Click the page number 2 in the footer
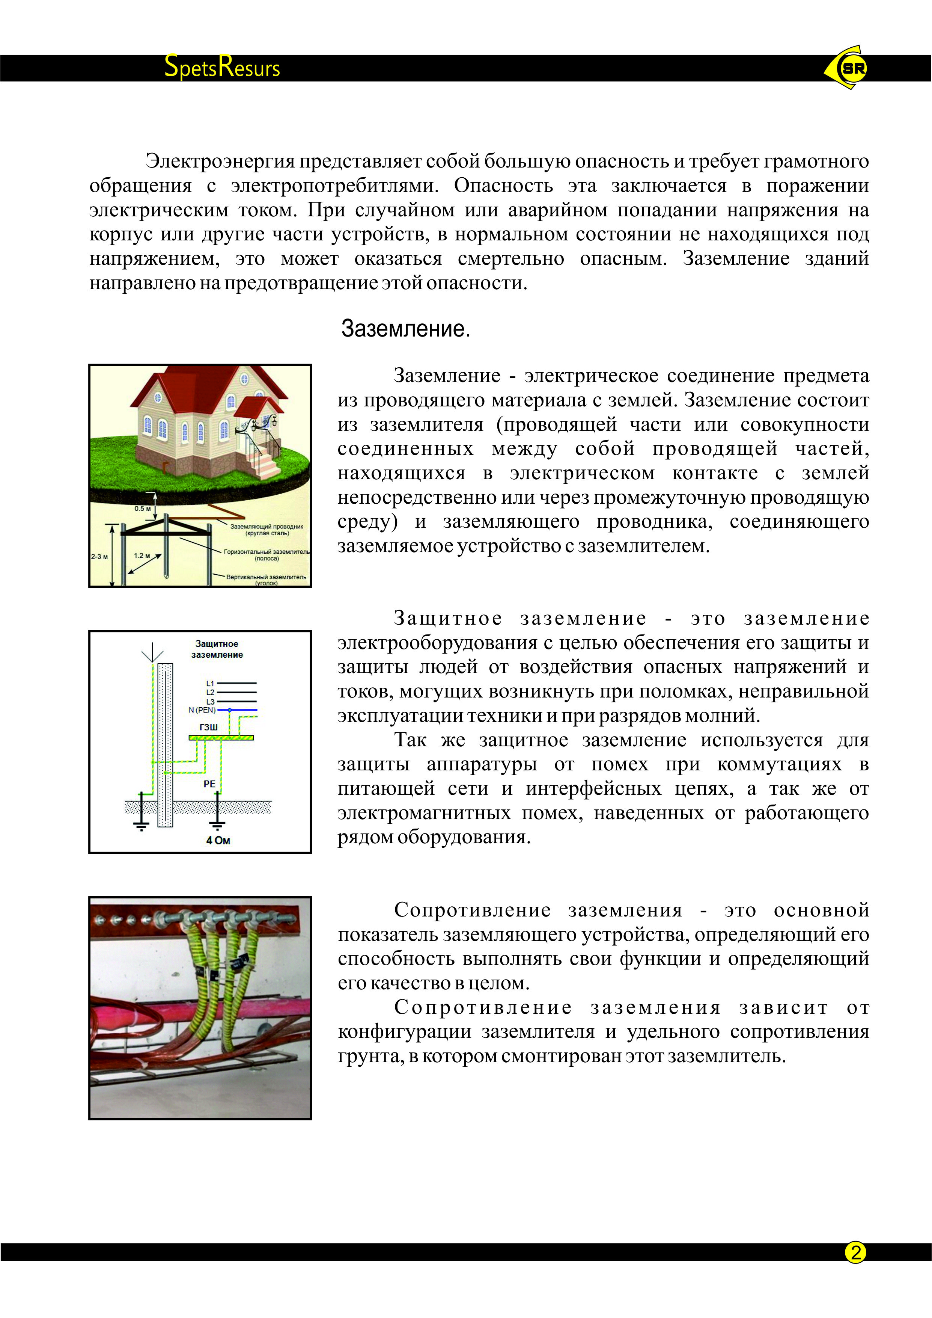855,1252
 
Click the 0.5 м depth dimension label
142,508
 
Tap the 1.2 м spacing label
142,556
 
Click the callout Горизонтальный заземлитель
266,554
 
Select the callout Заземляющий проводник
266,529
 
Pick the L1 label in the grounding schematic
210,683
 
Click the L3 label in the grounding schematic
210,701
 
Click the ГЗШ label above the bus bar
208,727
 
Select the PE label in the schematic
209,784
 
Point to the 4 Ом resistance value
218,840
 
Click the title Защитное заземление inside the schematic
217,649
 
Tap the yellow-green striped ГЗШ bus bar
221,737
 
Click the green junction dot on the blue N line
230,710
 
